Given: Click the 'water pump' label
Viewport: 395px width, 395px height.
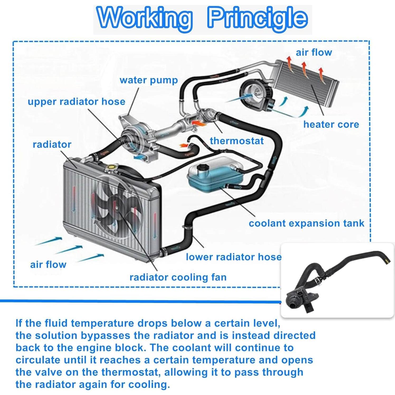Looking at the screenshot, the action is (149, 80).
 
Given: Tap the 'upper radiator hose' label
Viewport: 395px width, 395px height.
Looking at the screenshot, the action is (77, 102).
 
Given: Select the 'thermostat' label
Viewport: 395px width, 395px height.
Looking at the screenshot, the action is (237, 141).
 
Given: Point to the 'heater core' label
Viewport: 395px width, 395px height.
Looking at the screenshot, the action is (331, 124).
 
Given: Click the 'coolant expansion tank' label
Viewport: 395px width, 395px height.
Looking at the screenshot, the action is (306, 223).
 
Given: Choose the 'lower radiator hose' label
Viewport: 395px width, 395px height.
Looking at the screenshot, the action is (234, 257).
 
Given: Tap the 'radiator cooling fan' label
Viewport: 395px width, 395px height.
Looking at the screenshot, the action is (178, 277).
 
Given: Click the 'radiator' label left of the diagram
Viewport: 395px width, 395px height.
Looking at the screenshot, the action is (52, 144).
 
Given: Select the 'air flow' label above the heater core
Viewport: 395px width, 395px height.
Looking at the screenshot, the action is (314, 52).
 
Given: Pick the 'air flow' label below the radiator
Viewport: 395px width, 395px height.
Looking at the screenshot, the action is (48, 264).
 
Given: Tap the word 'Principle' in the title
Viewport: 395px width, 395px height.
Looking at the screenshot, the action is (257, 18).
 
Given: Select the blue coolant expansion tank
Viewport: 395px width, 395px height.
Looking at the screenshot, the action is (215, 175).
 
